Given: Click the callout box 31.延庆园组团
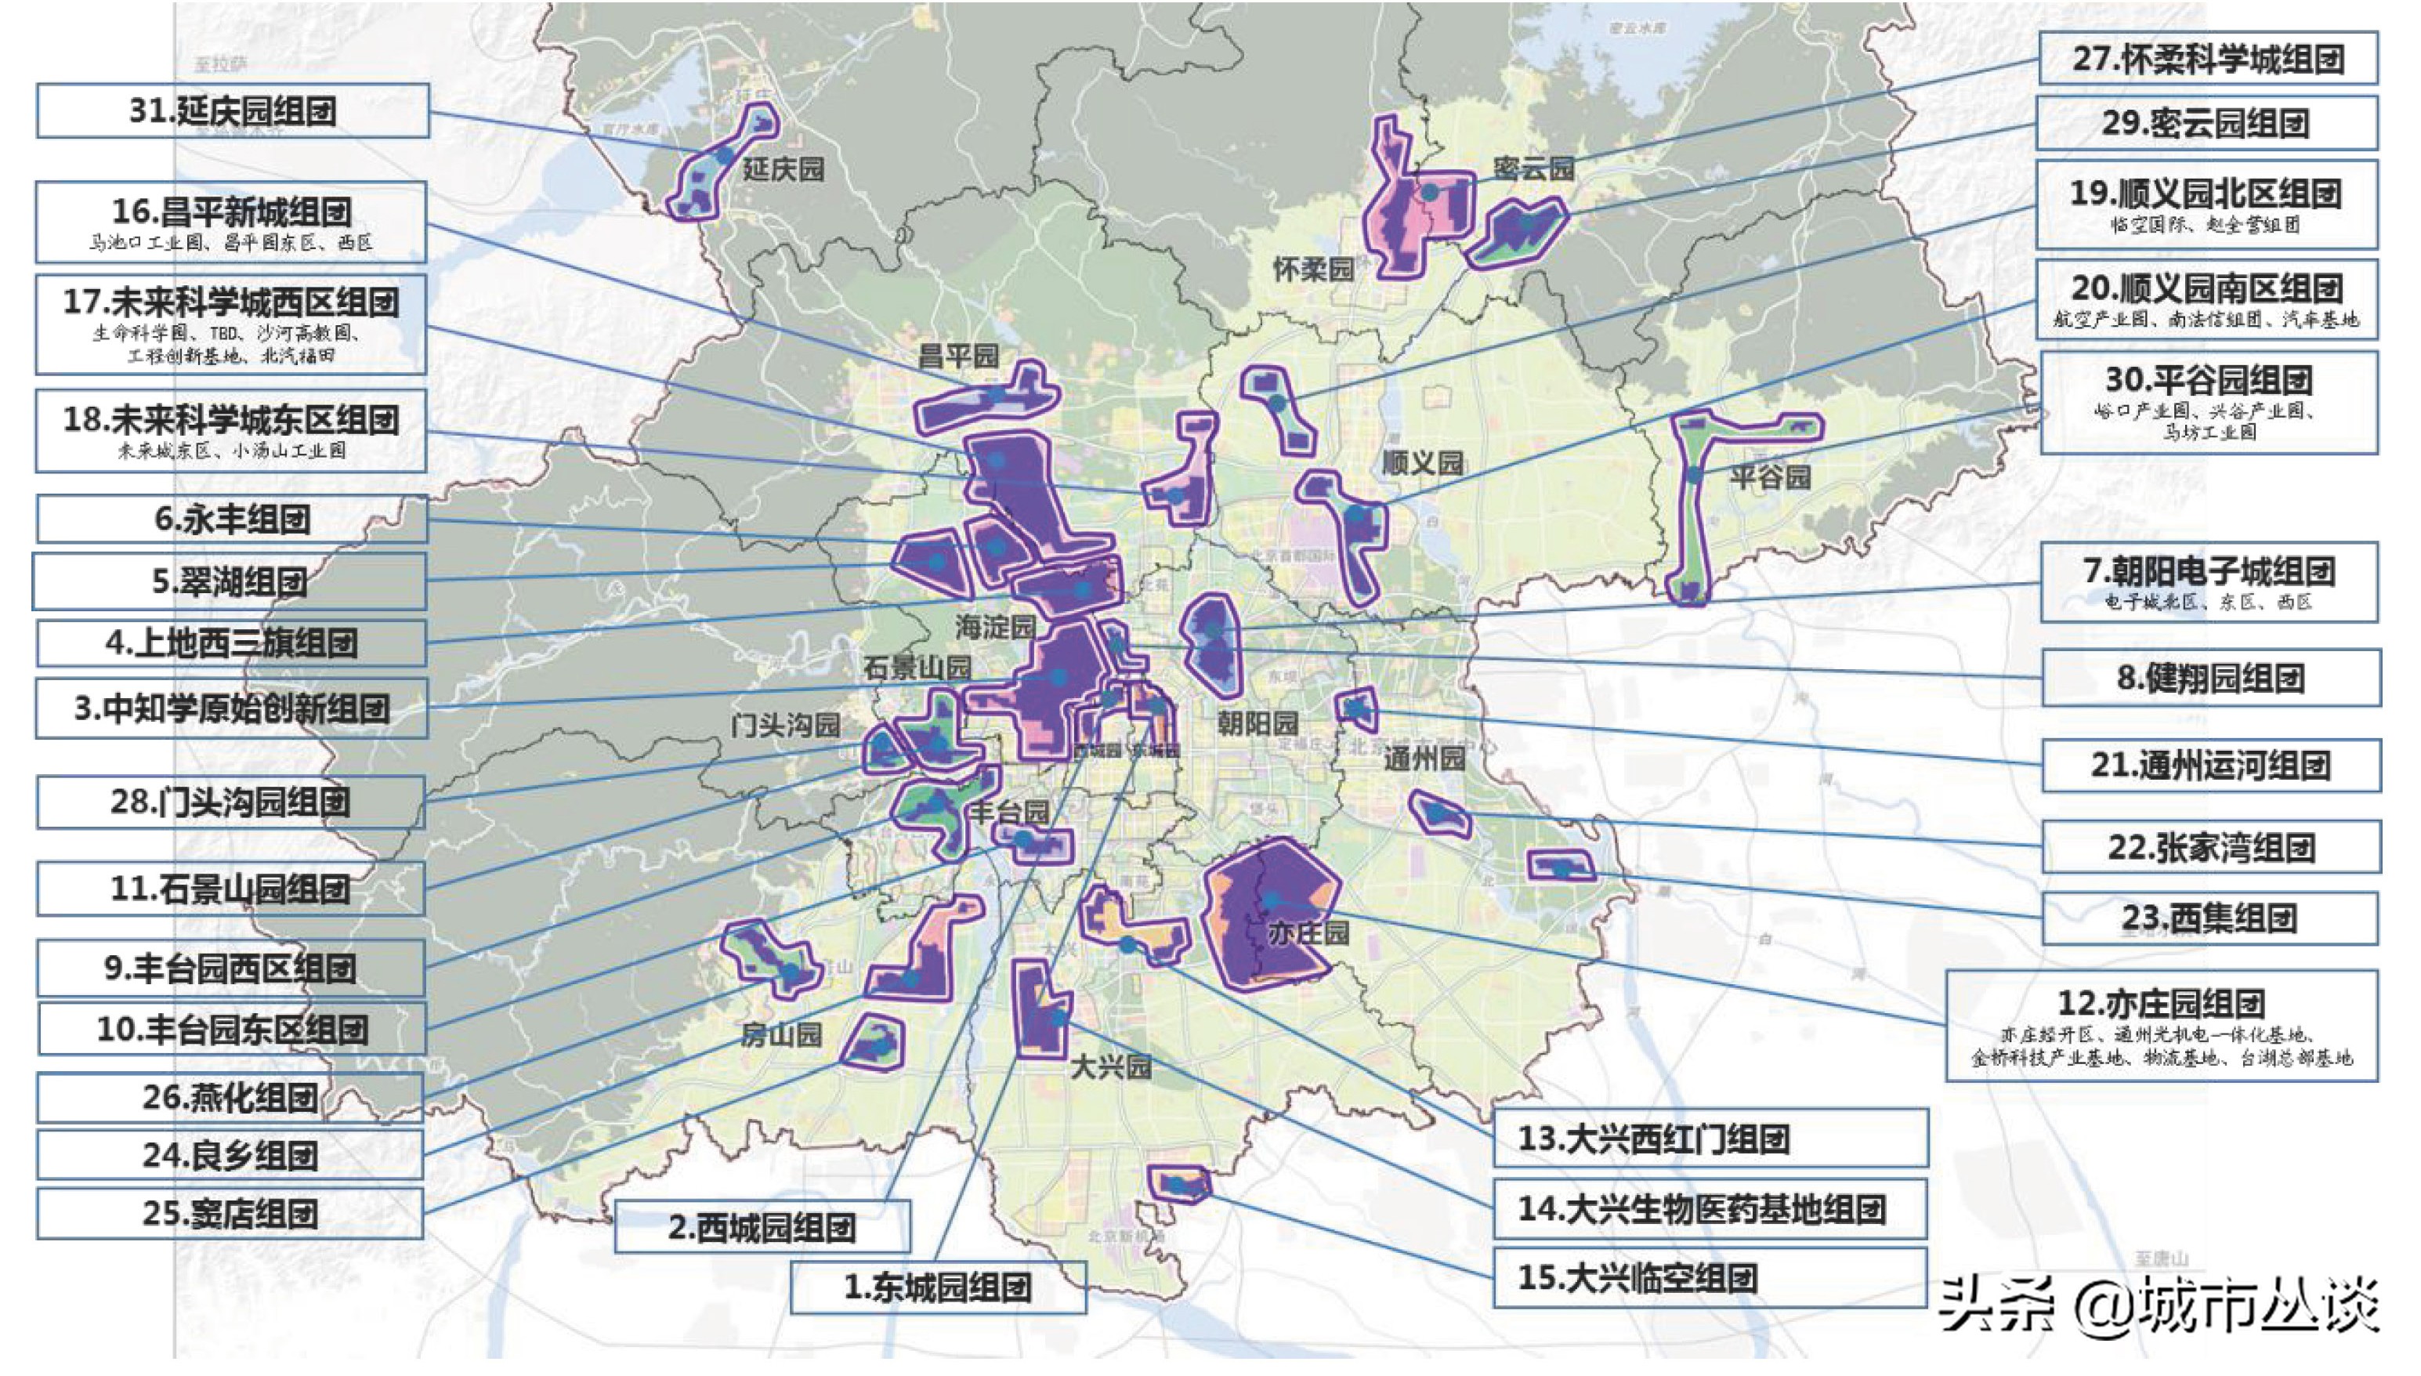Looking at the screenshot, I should (x=233, y=111).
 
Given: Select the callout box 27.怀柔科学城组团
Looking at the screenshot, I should (x=2207, y=59).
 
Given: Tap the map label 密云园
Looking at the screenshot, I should (x=1533, y=168).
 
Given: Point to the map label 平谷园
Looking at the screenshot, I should (x=1770, y=476).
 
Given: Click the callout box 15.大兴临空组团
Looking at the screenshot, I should (x=1709, y=1278).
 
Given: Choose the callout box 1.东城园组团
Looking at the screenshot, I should (x=937, y=1287).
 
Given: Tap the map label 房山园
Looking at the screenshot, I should (x=780, y=1035).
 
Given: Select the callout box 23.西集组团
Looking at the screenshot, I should (x=2209, y=918).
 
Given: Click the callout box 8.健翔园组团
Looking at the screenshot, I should (x=2210, y=678).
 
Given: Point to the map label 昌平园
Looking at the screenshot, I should (x=958, y=357).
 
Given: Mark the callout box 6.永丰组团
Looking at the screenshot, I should (x=231, y=519).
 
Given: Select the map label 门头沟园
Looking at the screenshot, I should (x=785, y=725).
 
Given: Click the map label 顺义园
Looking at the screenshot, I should (x=1422, y=462).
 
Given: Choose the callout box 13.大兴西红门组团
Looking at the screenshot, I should (x=1709, y=1138).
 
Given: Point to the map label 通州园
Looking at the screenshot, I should (x=1424, y=758).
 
